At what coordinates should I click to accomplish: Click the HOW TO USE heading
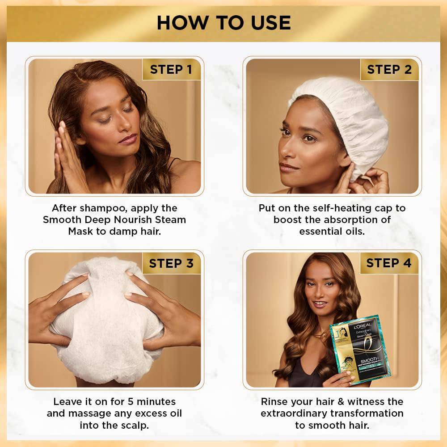223,22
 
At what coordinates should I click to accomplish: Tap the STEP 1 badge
171,69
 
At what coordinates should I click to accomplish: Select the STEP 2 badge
389,69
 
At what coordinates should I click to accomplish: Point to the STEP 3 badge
171,263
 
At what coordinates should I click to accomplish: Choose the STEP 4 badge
389,263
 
